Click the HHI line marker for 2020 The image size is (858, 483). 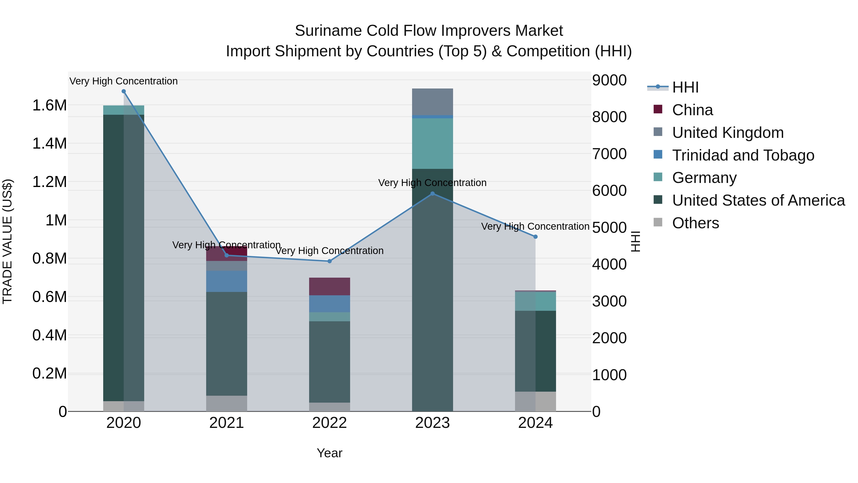(x=123, y=91)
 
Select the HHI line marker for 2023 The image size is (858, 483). (x=432, y=194)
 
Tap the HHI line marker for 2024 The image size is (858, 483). (x=535, y=237)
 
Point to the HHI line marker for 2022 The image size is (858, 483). (x=329, y=261)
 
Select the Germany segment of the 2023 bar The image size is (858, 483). (x=432, y=143)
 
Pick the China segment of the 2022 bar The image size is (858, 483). (x=329, y=286)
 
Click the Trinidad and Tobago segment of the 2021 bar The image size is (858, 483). (x=226, y=281)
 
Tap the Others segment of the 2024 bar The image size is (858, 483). (x=535, y=401)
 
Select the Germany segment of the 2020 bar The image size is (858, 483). (x=123, y=110)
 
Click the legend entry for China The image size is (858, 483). (x=692, y=110)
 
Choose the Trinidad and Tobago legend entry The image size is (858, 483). (x=743, y=155)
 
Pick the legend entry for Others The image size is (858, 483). (x=695, y=223)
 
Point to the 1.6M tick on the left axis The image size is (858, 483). (x=49, y=105)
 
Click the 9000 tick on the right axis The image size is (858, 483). (x=609, y=80)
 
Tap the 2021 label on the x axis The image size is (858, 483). (x=226, y=423)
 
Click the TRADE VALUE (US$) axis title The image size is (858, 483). (x=8, y=241)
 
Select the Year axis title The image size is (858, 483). (x=329, y=453)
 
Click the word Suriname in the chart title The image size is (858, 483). (x=328, y=31)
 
